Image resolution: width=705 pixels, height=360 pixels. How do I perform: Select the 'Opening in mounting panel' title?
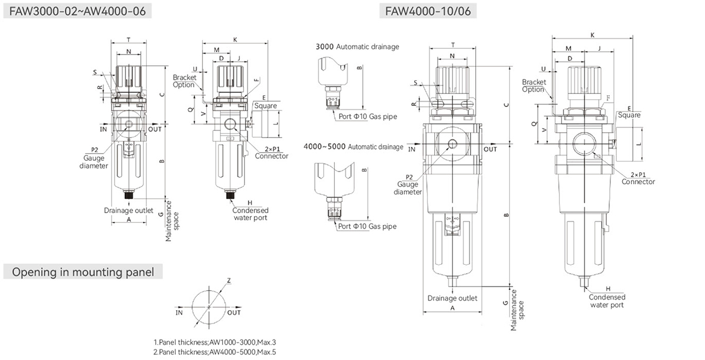[x=83, y=272]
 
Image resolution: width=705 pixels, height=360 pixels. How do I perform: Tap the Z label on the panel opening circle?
[x=229, y=281]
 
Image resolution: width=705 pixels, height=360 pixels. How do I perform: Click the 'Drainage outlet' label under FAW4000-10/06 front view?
[x=452, y=298]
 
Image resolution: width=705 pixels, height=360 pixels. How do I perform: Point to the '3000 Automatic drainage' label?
[x=357, y=46]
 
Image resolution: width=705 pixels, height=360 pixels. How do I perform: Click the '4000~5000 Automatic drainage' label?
[x=353, y=146]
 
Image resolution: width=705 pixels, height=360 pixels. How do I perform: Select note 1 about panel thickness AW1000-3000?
[x=214, y=342]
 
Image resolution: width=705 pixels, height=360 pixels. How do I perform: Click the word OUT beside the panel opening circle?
[x=234, y=312]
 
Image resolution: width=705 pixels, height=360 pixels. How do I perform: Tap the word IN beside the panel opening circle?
[x=179, y=312]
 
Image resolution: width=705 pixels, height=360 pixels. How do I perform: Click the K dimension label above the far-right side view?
[x=592, y=35]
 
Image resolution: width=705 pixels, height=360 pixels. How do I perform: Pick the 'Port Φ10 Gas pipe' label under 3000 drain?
[x=368, y=116]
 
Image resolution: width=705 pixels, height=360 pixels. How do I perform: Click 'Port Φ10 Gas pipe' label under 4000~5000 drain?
[x=367, y=226]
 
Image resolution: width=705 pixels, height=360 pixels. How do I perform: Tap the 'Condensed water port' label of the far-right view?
[x=607, y=301]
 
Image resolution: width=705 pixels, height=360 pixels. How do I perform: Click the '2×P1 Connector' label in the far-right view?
[x=638, y=178]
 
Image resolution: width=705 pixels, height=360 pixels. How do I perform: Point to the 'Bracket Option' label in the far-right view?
[x=533, y=86]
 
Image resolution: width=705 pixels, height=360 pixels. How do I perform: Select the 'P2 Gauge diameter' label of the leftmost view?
[x=94, y=158]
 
